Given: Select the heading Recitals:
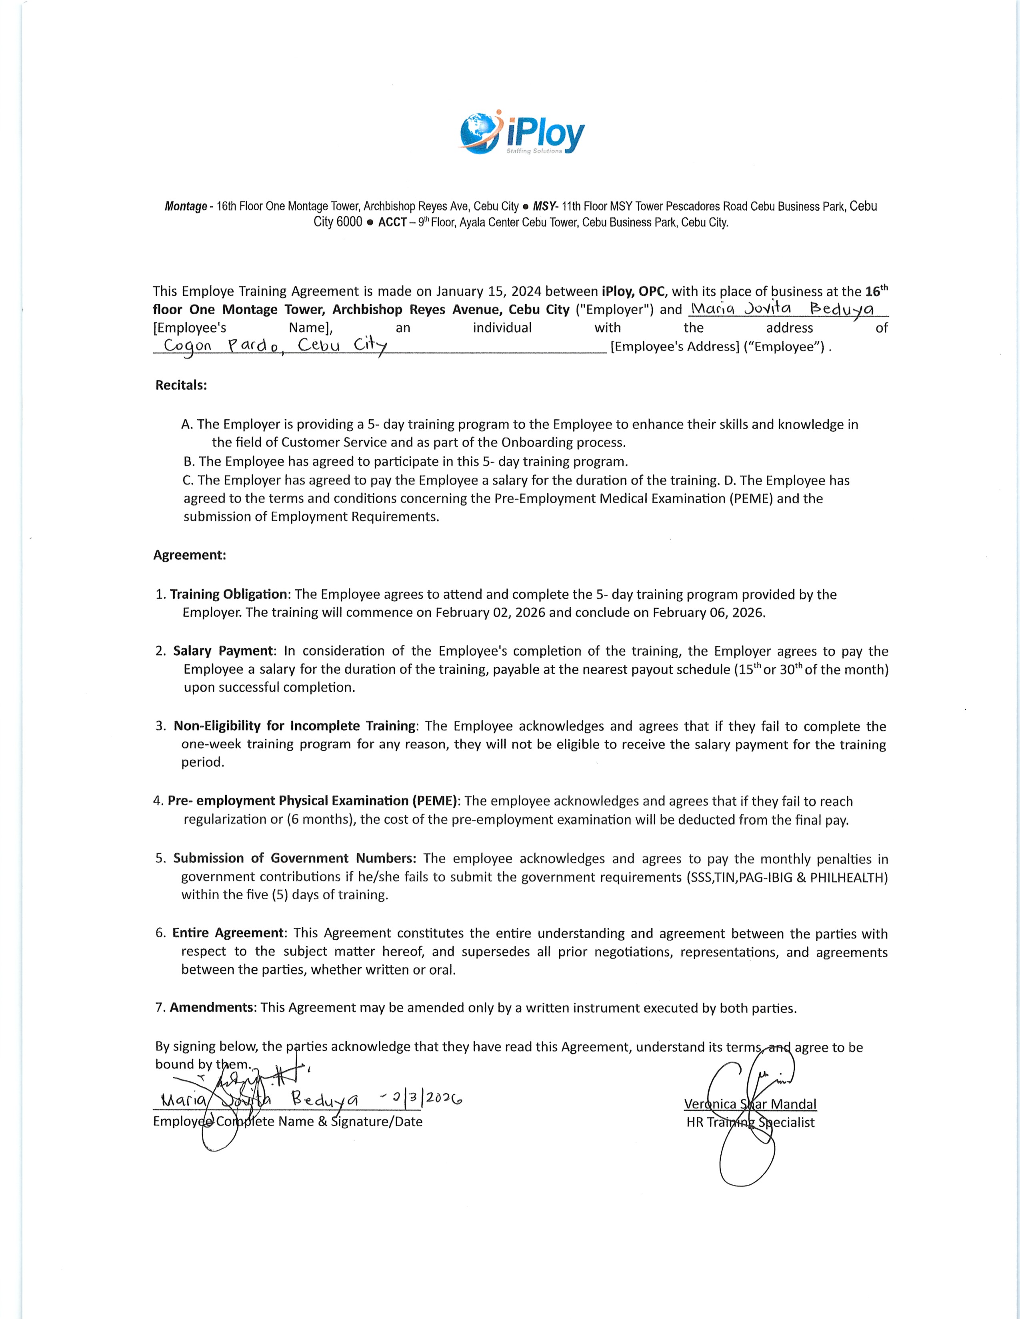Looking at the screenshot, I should pyautogui.click(x=181, y=385).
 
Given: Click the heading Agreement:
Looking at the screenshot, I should pyautogui.click(x=190, y=555).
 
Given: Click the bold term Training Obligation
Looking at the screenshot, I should pyautogui.click(x=228, y=594).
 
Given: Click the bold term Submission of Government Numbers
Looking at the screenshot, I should pyautogui.click(x=294, y=858).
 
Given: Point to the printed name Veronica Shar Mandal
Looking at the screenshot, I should pyautogui.click(x=750, y=1104).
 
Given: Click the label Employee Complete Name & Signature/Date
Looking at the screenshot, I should pyautogui.click(x=288, y=1122).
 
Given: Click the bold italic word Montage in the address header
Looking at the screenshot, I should pyautogui.click(x=186, y=207).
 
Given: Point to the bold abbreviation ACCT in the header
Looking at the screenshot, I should pyautogui.click(x=392, y=222).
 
